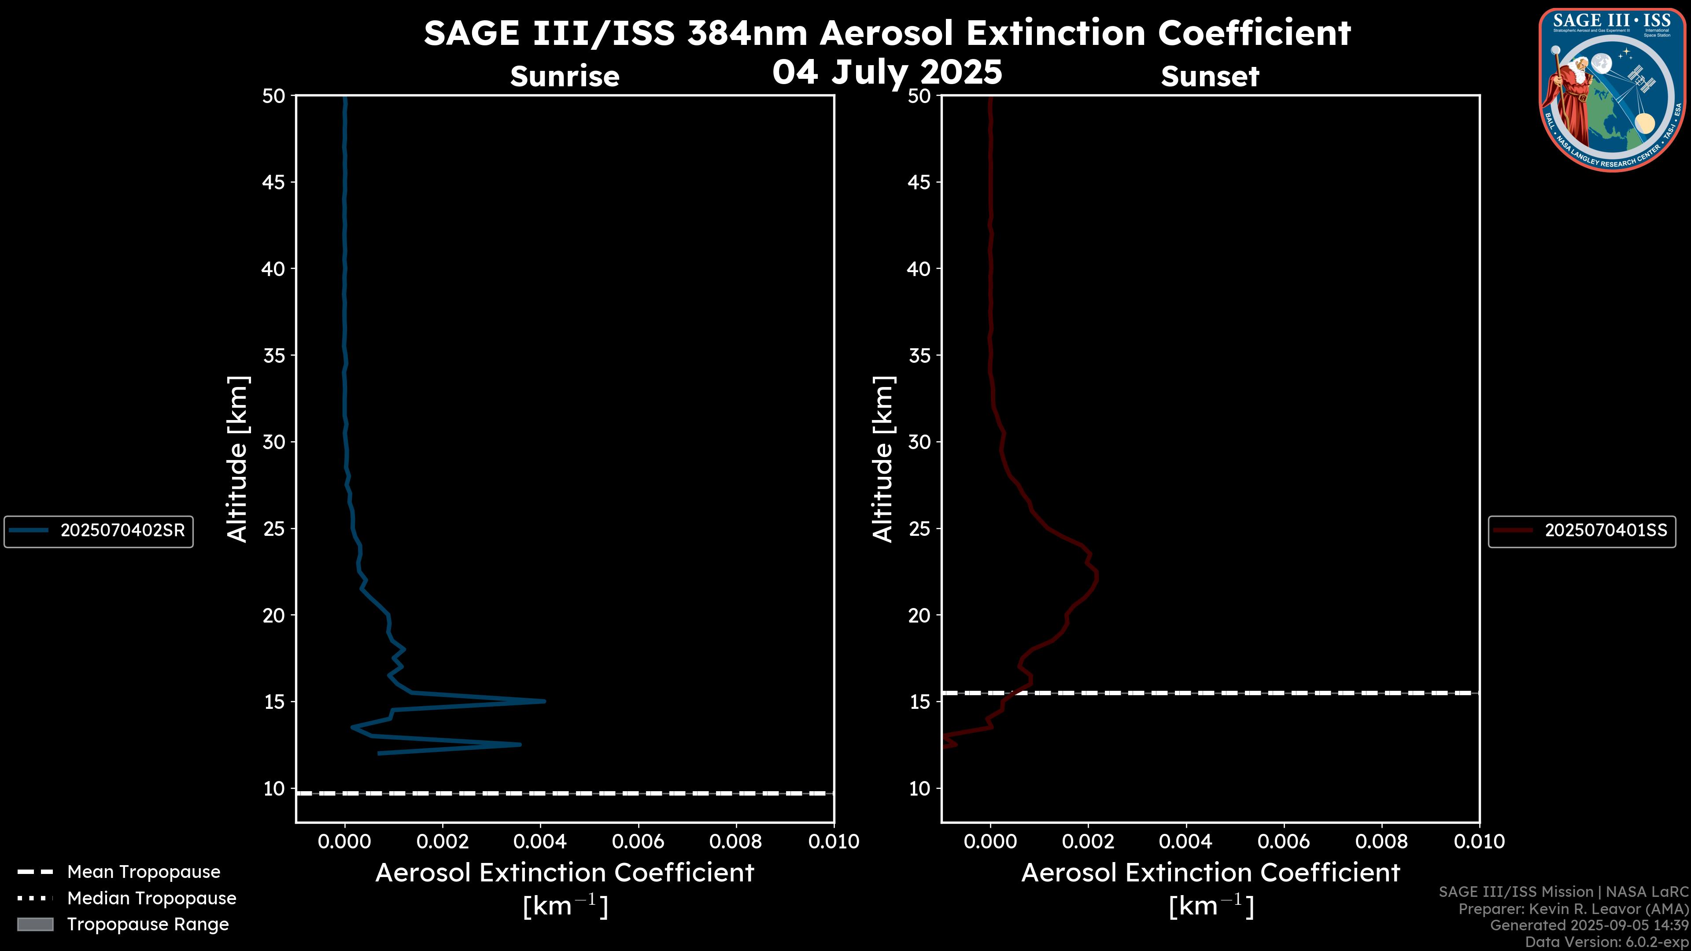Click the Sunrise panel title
click(565, 76)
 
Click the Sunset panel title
click(1210, 76)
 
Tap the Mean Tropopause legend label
click(143, 872)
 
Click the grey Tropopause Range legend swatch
click(35, 924)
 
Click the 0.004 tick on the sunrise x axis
click(540, 841)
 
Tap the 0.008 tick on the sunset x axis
click(1382, 841)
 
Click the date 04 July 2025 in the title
click(887, 72)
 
